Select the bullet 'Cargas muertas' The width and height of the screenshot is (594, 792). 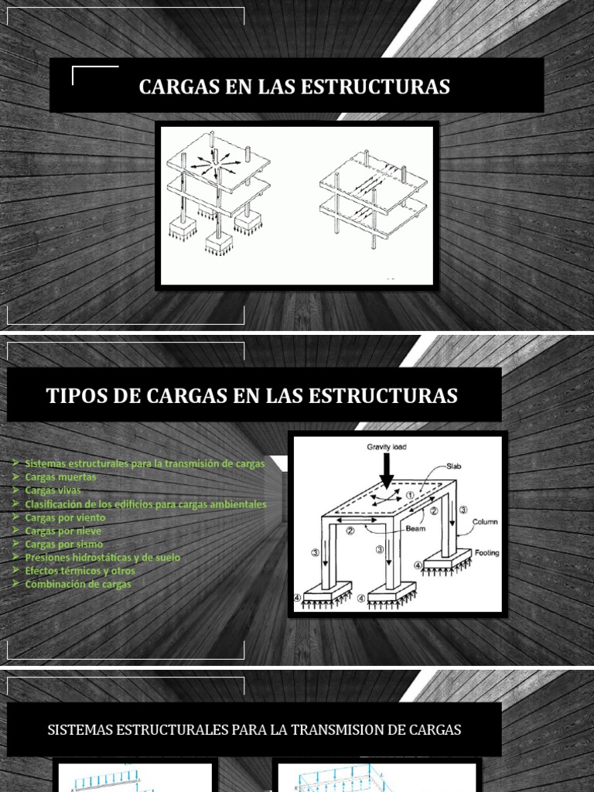(x=60, y=477)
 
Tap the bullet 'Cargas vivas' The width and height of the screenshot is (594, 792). (x=53, y=490)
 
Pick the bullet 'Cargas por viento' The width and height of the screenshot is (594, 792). (x=65, y=517)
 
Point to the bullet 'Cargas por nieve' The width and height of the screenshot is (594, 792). (x=63, y=531)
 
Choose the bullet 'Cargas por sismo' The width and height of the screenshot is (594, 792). (x=63, y=544)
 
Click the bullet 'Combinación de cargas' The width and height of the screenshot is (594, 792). (x=77, y=584)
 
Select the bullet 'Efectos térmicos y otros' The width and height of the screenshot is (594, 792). (x=80, y=571)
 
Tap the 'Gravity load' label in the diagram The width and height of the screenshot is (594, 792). (x=387, y=447)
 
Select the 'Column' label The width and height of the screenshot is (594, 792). (x=486, y=521)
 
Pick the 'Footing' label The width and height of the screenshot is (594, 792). (x=486, y=552)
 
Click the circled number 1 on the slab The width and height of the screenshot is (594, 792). (x=410, y=495)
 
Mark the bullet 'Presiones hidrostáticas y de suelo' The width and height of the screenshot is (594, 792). (x=102, y=558)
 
